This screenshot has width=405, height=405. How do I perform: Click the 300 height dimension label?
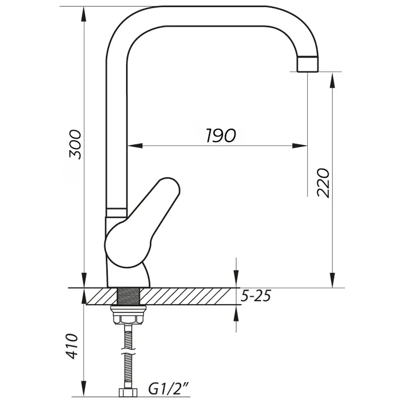pos(76,144)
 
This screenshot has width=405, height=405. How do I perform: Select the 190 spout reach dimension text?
pos(220,135)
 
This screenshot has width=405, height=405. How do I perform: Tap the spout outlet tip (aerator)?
pos(308,64)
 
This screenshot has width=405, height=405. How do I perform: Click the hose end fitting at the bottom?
pos(128,392)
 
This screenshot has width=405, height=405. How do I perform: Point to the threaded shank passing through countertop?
pos(129,296)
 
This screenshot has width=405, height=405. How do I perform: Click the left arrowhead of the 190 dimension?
pos(135,145)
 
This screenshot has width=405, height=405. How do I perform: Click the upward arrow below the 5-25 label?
pos(236,314)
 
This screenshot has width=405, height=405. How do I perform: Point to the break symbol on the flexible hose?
pos(128,349)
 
